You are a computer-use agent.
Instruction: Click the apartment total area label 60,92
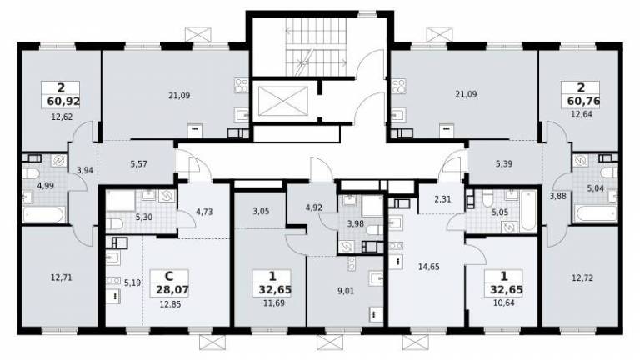pyautogui.click(x=63, y=101)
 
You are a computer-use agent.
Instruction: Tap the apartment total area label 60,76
pyautogui.click(x=583, y=101)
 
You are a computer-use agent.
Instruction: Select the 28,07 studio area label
pyautogui.click(x=172, y=290)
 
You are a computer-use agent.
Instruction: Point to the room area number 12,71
pyautogui.click(x=61, y=277)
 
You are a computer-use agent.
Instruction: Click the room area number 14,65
pyautogui.click(x=429, y=267)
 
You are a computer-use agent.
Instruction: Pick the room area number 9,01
pyautogui.click(x=346, y=291)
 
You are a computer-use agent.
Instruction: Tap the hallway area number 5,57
pyautogui.click(x=139, y=164)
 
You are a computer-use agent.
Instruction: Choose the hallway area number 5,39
pyautogui.click(x=504, y=164)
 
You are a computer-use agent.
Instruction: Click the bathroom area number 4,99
pyautogui.click(x=45, y=186)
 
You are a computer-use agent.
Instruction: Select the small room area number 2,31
pyautogui.click(x=442, y=200)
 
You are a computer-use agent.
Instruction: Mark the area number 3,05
pyautogui.click(x=261, y=212)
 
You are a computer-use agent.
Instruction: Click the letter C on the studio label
pyautogui.click(x=168, y=277)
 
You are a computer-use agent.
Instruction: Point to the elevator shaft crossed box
pyautogui.click(x=283, y=101)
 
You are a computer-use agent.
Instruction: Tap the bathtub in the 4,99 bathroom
pyautogui.click(x=43, y=215)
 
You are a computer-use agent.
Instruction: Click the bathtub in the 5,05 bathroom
pyautogui.click(x=528, y=211)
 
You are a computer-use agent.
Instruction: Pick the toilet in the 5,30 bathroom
pyautogui.click(x=115, y=223)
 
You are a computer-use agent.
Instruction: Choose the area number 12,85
pyautogui.click(x=170, y=304)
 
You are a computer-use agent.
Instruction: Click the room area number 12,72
pyautogui.click(x=582, y=278)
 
